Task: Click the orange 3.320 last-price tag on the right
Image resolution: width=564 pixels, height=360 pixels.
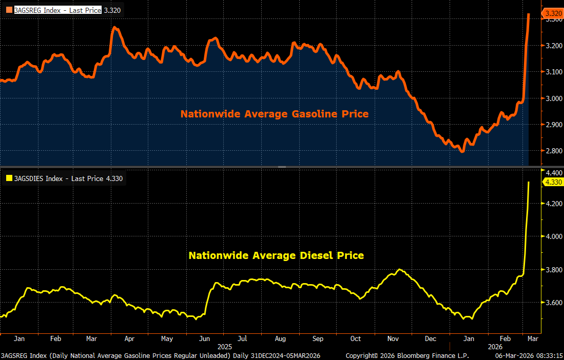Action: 553,13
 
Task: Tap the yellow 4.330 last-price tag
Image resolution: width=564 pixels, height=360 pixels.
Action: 553,182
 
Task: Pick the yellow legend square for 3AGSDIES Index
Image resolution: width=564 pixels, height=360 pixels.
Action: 9,178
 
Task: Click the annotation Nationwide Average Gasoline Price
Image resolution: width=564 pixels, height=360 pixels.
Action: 274,114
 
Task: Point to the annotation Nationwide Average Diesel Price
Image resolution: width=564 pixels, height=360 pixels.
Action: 276,255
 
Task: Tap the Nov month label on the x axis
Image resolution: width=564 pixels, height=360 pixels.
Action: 393,338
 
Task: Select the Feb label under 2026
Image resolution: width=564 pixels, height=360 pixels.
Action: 505,338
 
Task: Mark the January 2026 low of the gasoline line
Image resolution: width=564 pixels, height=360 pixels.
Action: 462,151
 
